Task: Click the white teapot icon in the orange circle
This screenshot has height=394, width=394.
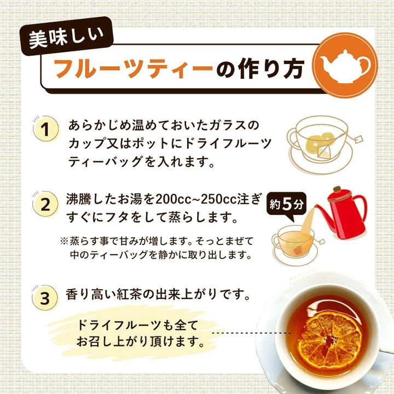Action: tap(345, 66)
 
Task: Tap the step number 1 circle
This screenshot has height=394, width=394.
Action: tap(46, 130)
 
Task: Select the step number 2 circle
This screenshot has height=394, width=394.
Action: tap(46, 205)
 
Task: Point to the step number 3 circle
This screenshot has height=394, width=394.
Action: tap(45, 298)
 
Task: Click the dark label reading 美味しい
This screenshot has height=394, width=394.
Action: tap(66, 37)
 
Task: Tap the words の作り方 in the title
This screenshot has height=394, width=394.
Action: tap(260, 69)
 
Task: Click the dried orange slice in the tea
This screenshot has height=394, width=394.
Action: tap(330, 336)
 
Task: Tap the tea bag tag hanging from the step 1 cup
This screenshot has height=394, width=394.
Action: tap(359, 140)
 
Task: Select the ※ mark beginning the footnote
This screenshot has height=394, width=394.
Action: tap(65, 241)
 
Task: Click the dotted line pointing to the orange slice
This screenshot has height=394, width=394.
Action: tap(251, 333)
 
